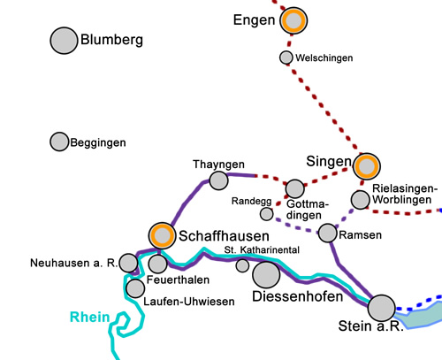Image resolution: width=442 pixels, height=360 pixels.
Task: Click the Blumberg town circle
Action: (63, 41)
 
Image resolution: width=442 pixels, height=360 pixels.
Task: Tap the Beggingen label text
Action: (99, 142)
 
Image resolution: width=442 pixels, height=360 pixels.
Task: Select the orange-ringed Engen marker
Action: (293, 20)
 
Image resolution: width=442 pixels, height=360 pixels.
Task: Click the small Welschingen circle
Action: (286, 57)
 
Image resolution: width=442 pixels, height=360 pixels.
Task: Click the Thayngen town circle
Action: (219, 180)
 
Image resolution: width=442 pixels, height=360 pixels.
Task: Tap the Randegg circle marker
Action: (266, 214)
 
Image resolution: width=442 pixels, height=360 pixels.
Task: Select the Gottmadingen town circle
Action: (295, 188)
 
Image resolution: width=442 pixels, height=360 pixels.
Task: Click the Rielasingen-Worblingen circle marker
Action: (360, 200)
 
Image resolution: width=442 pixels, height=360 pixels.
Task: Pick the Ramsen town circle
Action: (328, 233)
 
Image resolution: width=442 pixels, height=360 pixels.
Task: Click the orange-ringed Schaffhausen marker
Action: (162, 236)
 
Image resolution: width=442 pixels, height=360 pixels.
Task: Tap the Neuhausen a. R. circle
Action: (129, 263)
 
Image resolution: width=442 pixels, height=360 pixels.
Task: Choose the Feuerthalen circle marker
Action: (157, 264)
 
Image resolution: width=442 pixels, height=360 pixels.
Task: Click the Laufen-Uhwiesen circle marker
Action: (135, 288)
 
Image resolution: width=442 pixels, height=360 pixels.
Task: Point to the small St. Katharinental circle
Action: (243, 265)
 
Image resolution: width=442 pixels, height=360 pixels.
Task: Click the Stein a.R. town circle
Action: (382, 308)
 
